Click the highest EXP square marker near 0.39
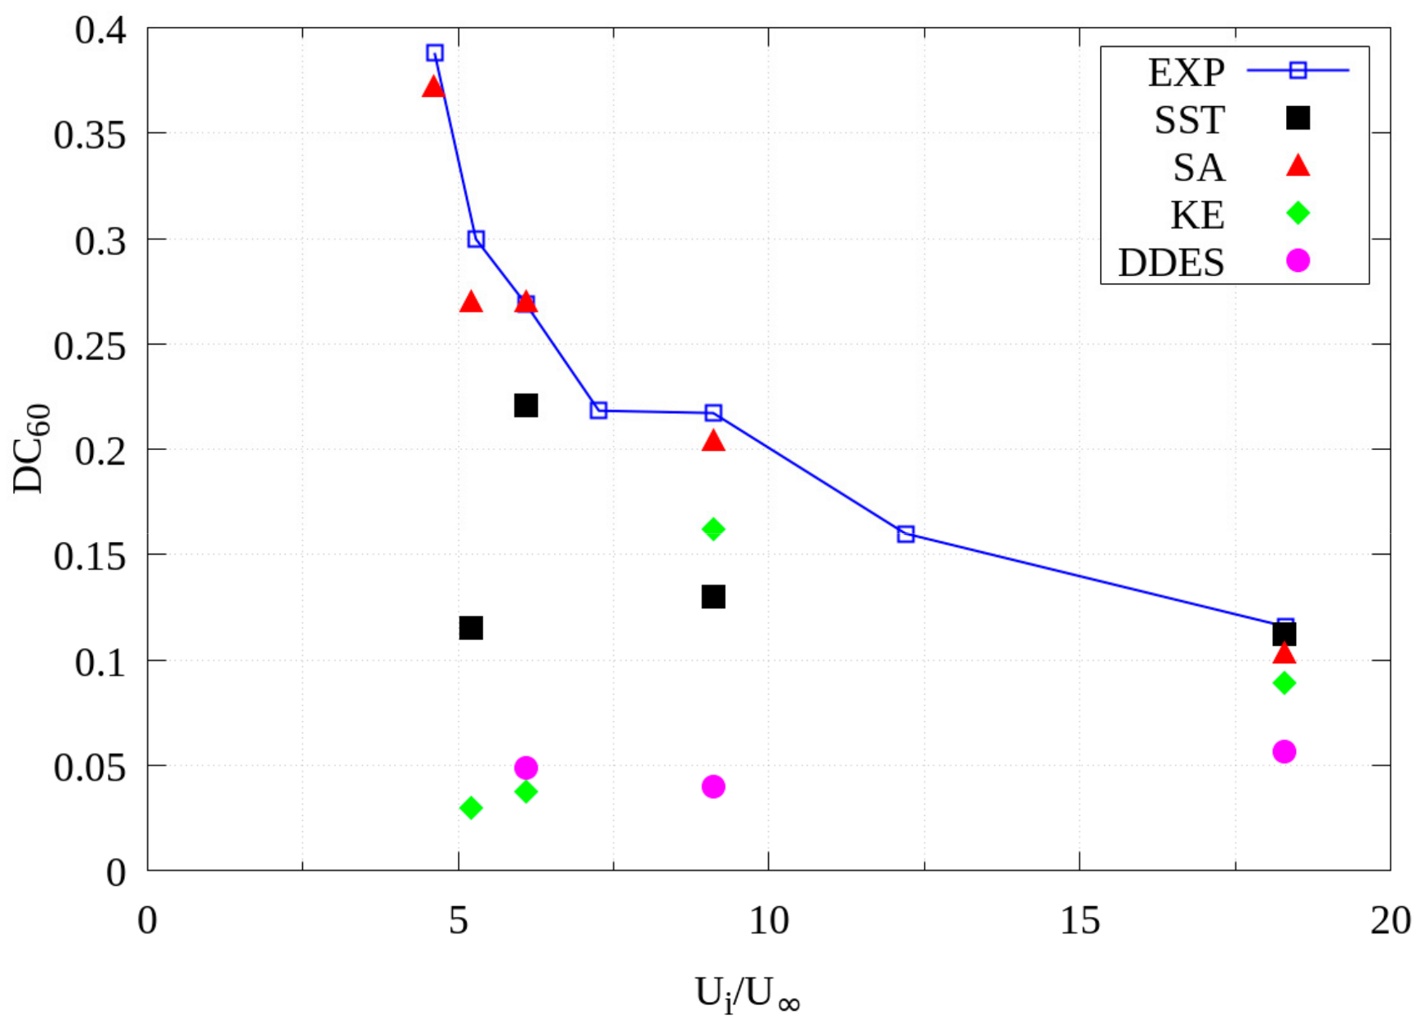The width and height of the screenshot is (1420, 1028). click(435, 53)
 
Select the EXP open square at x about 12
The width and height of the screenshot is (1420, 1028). click(906, 534)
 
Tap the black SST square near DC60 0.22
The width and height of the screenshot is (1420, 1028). click(526, 405)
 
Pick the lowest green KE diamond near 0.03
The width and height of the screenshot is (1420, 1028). click(471, 808)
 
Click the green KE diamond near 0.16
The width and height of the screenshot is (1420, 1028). click(713, 529)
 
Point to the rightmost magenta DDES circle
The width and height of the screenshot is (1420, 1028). click(1284, 751)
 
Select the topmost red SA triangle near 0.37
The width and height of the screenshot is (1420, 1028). click(433, 87)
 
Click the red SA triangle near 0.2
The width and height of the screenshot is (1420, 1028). click(713, 441)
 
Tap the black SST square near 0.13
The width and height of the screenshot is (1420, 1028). click(713, 597)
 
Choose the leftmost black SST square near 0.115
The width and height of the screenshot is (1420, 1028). click(471, 628)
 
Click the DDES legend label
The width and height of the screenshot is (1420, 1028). click(1171, 263)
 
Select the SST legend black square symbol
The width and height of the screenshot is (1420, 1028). click(1298, 118)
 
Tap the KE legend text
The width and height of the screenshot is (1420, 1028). click(1197, 216)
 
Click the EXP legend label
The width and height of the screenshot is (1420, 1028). click(1186, 73)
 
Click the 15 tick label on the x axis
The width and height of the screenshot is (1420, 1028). click(1080, 921)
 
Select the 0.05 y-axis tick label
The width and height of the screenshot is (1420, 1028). click(90, 768)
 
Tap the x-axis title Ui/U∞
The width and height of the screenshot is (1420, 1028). click(747, 995)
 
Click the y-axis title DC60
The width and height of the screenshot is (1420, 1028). click(31, 449)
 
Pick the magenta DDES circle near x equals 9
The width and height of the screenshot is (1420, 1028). click(713, 786)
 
